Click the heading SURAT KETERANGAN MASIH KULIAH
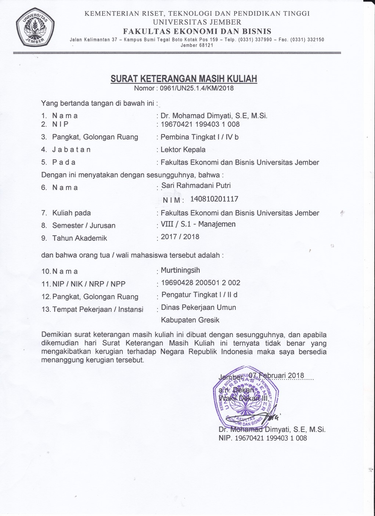point(184,79)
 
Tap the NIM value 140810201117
point(214,199)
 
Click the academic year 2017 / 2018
point(180,237)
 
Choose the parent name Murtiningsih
point(180,271)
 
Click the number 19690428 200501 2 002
point(201,283)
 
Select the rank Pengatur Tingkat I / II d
point(199,295)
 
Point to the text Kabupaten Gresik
point(190,320)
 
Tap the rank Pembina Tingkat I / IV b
point(199,137)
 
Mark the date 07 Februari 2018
point(275,376)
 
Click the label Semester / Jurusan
point(84,225)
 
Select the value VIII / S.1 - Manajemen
point(198,224)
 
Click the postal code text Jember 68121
point(197,46)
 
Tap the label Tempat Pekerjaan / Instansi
point(98,309)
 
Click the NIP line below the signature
point(263,438)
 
